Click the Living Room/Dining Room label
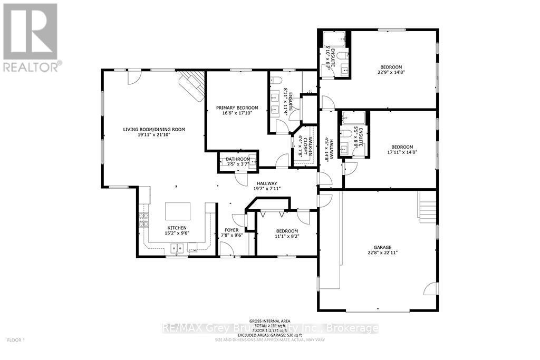pyautogui.click(x=154, y=132)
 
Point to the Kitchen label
pyautogui.click(x=177, y=230)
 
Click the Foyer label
pyautogui.click(x=232, y=233)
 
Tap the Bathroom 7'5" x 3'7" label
pyautogui.click(x=238, y=161)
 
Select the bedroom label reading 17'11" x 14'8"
pyautogui.click(x=402, y=150)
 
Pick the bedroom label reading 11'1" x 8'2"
pyautogui.click(x=287, y=234)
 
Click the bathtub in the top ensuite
pyautogui.click(x=333, y=37)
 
